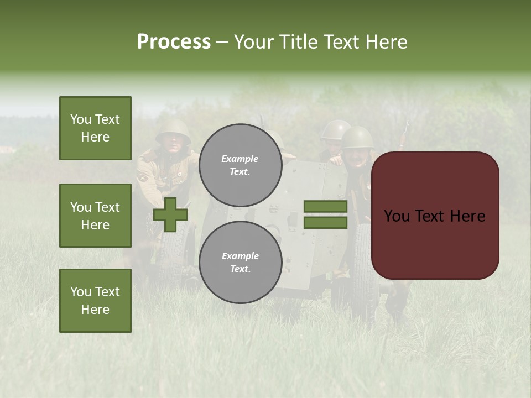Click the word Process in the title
(174, 42)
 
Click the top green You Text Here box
(95, 128)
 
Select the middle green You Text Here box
(95, 216)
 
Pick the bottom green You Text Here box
(95, 300)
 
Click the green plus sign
(170, 214)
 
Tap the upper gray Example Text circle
(240, 165)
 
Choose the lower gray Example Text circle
(240, 262)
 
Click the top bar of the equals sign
(325, 207)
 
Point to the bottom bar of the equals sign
(325, 223)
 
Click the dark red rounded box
(435, 216)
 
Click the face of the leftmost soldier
(173, 144)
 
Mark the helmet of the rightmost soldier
(358, 136)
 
